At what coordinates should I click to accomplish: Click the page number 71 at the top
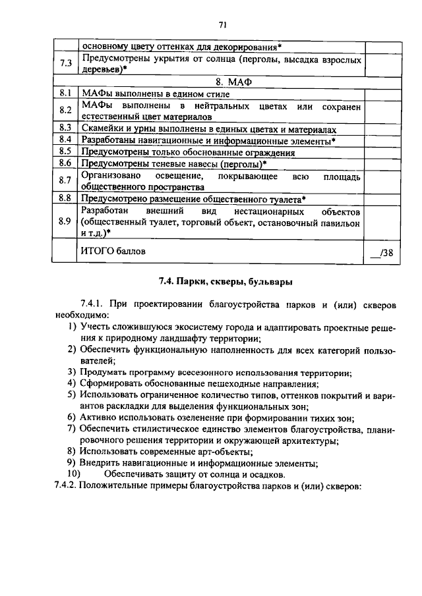222,25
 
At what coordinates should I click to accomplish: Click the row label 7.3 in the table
65,64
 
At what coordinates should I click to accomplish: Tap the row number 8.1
65,94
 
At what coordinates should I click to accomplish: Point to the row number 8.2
65,111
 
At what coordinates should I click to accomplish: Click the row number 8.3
65,128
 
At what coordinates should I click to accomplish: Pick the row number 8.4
65,140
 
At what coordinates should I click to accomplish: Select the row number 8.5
65,151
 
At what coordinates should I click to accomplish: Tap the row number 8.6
65,163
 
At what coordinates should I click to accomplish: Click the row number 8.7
65,180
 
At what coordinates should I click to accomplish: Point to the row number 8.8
65,198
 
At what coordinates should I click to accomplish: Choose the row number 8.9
65,221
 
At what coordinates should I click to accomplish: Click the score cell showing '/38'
381,252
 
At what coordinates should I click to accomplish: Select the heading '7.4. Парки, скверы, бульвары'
226,281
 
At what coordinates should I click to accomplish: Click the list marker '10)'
73,474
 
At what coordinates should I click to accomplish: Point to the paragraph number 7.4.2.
67,485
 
